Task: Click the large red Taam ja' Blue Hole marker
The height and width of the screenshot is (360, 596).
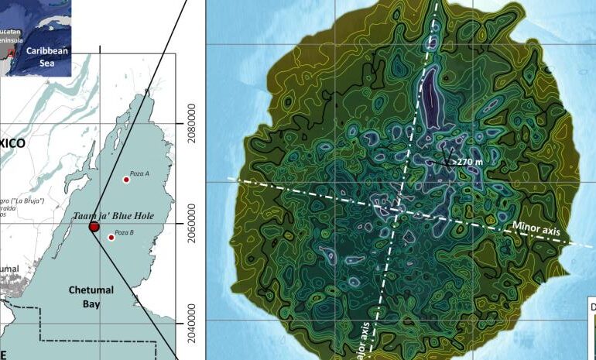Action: click(94, 227)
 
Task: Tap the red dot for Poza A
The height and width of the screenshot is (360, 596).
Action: click(126, 180)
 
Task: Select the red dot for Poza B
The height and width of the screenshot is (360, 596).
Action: click(111, 237)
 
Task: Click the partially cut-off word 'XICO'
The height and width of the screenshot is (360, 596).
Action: click(12, 144)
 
